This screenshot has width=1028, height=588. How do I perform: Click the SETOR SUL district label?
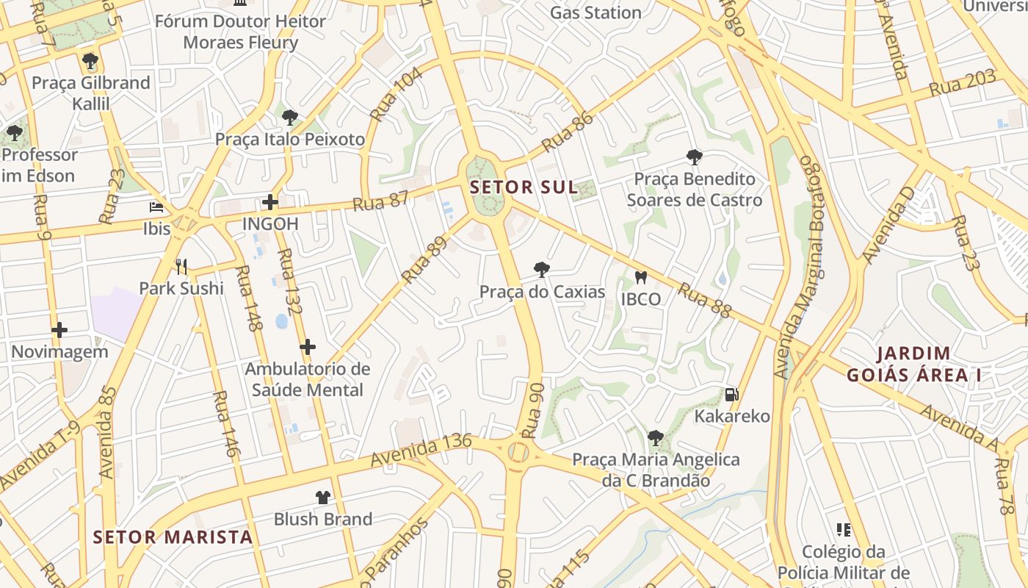pos(524,187)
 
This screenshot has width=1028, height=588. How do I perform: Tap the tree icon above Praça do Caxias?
pos(542,270)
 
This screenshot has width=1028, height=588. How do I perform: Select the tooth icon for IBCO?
pos(640,277)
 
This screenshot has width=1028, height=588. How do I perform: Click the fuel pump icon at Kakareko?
pos(731,395)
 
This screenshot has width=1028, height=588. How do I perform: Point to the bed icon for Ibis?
pos(156,207)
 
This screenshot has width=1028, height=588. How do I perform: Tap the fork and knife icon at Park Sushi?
pos(181,266)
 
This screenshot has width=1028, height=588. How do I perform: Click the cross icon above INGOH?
pos(270,201)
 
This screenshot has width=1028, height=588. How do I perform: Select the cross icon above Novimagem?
pos(59,330)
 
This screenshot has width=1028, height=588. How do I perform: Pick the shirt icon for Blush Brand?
pos(322,498)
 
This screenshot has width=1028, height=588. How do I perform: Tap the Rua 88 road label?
pos(704,301)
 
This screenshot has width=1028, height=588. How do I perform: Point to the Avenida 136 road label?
pos(421,451)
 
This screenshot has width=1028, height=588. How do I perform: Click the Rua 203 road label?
pos(962,83)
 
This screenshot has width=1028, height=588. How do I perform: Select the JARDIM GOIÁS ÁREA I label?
pos(913,365)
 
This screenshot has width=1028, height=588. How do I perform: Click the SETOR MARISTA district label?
pos(173,537)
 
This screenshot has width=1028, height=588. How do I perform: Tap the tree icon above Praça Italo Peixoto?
pos(290,117)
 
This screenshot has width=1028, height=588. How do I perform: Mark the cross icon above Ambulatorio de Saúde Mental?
pos(308,347)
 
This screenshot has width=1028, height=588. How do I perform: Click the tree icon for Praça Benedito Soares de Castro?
pos(694,157)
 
